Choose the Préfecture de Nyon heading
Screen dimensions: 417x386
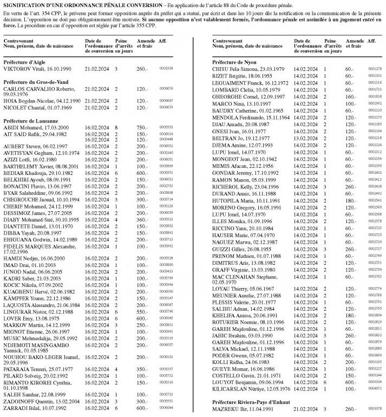(234, 62)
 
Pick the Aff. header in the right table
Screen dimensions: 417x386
(371, 42)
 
